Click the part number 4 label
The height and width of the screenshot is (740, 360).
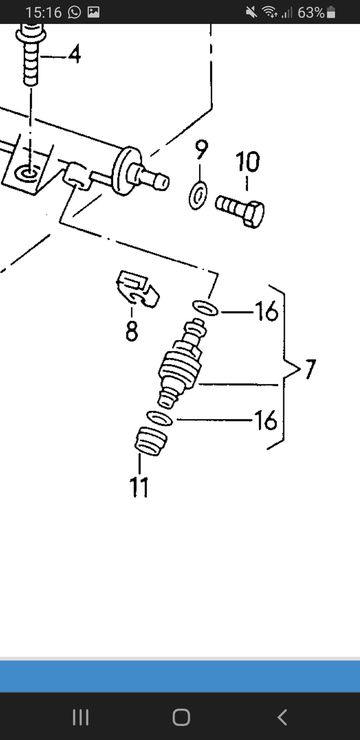74,55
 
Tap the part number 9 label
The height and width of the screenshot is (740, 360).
201,150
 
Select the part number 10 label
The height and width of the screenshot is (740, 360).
248,162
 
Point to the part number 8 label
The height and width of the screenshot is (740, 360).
132,331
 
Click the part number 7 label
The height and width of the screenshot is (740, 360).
309,369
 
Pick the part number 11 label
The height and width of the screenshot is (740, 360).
139,487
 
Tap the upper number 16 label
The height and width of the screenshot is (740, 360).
267,312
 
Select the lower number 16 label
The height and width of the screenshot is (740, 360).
266,420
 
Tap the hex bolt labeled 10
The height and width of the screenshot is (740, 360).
240,210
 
